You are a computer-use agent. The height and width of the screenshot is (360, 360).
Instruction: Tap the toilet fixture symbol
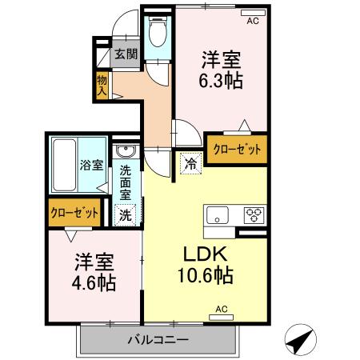pos(158,33)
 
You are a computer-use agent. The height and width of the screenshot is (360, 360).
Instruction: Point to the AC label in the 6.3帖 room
pos(253,21)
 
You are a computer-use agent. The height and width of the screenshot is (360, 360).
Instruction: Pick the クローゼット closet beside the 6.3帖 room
pos(237,148)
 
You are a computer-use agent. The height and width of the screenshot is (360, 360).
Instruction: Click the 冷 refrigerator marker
pos(191,162)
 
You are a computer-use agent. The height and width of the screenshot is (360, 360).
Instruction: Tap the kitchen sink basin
pos(218,214)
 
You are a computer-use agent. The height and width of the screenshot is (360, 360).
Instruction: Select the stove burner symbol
pos(254,214)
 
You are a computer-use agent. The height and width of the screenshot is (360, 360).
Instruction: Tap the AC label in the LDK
pos(222,308)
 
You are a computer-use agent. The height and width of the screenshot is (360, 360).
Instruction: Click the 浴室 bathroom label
pos(90,166)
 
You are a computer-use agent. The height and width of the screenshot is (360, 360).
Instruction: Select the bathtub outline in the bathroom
pos(64,164)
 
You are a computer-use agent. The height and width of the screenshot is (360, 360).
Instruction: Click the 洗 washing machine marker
pos(126,214)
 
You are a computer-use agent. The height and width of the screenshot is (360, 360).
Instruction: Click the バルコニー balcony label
pos(158,339)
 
